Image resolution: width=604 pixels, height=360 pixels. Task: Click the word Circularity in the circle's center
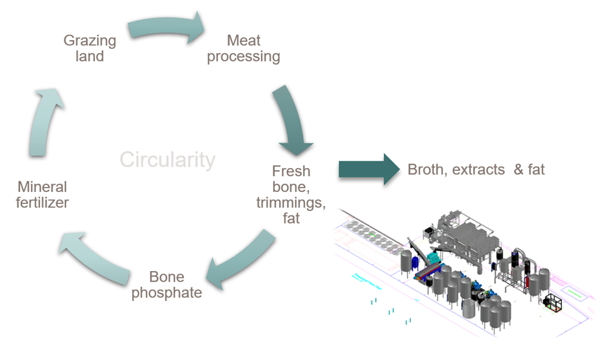(x=167, y=160)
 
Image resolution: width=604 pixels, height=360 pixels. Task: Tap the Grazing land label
(x=90, y=48)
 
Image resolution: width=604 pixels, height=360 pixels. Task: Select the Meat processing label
(x=243, y=48)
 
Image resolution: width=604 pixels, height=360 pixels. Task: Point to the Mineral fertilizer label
(x=42, y=194)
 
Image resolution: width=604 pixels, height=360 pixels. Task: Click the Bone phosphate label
(x=167, y=284)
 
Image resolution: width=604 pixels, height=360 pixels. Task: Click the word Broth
(x=427, y=169)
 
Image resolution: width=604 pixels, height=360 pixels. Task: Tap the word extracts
(x=478, y=169)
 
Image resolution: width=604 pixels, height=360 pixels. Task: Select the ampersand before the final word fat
(x=518, y=169)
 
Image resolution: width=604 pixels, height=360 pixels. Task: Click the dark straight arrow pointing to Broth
(x=368, y=169)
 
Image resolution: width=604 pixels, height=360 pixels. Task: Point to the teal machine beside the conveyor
(x=434, y=258)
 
